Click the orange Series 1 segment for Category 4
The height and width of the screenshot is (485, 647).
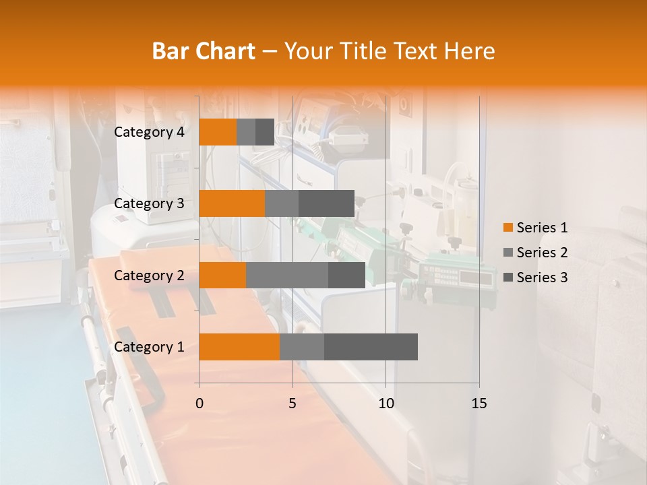click(x=218, y=132)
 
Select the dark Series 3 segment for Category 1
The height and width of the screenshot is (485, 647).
click(x=371, y=347)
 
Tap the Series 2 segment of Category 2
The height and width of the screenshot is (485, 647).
click(x=287, y=275)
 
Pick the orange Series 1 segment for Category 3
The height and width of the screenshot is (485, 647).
click(x=232, y=203)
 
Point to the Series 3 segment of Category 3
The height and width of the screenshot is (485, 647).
click(x=326, y=203)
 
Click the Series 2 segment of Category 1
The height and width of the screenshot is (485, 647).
click(x=302, y=347)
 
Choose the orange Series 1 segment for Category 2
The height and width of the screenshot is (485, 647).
click(x=222, y=275)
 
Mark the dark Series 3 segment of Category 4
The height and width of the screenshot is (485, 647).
click(x=265, y=132)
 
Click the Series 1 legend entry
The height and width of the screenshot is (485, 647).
click(x=535, y=228)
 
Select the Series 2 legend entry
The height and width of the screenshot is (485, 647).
click(x=535, y=253)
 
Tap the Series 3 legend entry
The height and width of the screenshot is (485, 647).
click(x=535, y=278)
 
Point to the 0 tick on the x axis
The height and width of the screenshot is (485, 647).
click(x=199, y=403)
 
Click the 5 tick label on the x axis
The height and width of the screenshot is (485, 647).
click(x=292, y=403)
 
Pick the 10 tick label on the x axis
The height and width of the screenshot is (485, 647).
click(x=386, y=403)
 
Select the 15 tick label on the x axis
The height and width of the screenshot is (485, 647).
click(x=479, y=403)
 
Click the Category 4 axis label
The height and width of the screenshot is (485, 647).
click(x=149, y=132)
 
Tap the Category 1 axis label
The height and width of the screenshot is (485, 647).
click(x=149, y=347)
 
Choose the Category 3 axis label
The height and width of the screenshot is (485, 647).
click(x=149, y=203)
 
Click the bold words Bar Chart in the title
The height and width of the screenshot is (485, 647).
click(x=204, y=51)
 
